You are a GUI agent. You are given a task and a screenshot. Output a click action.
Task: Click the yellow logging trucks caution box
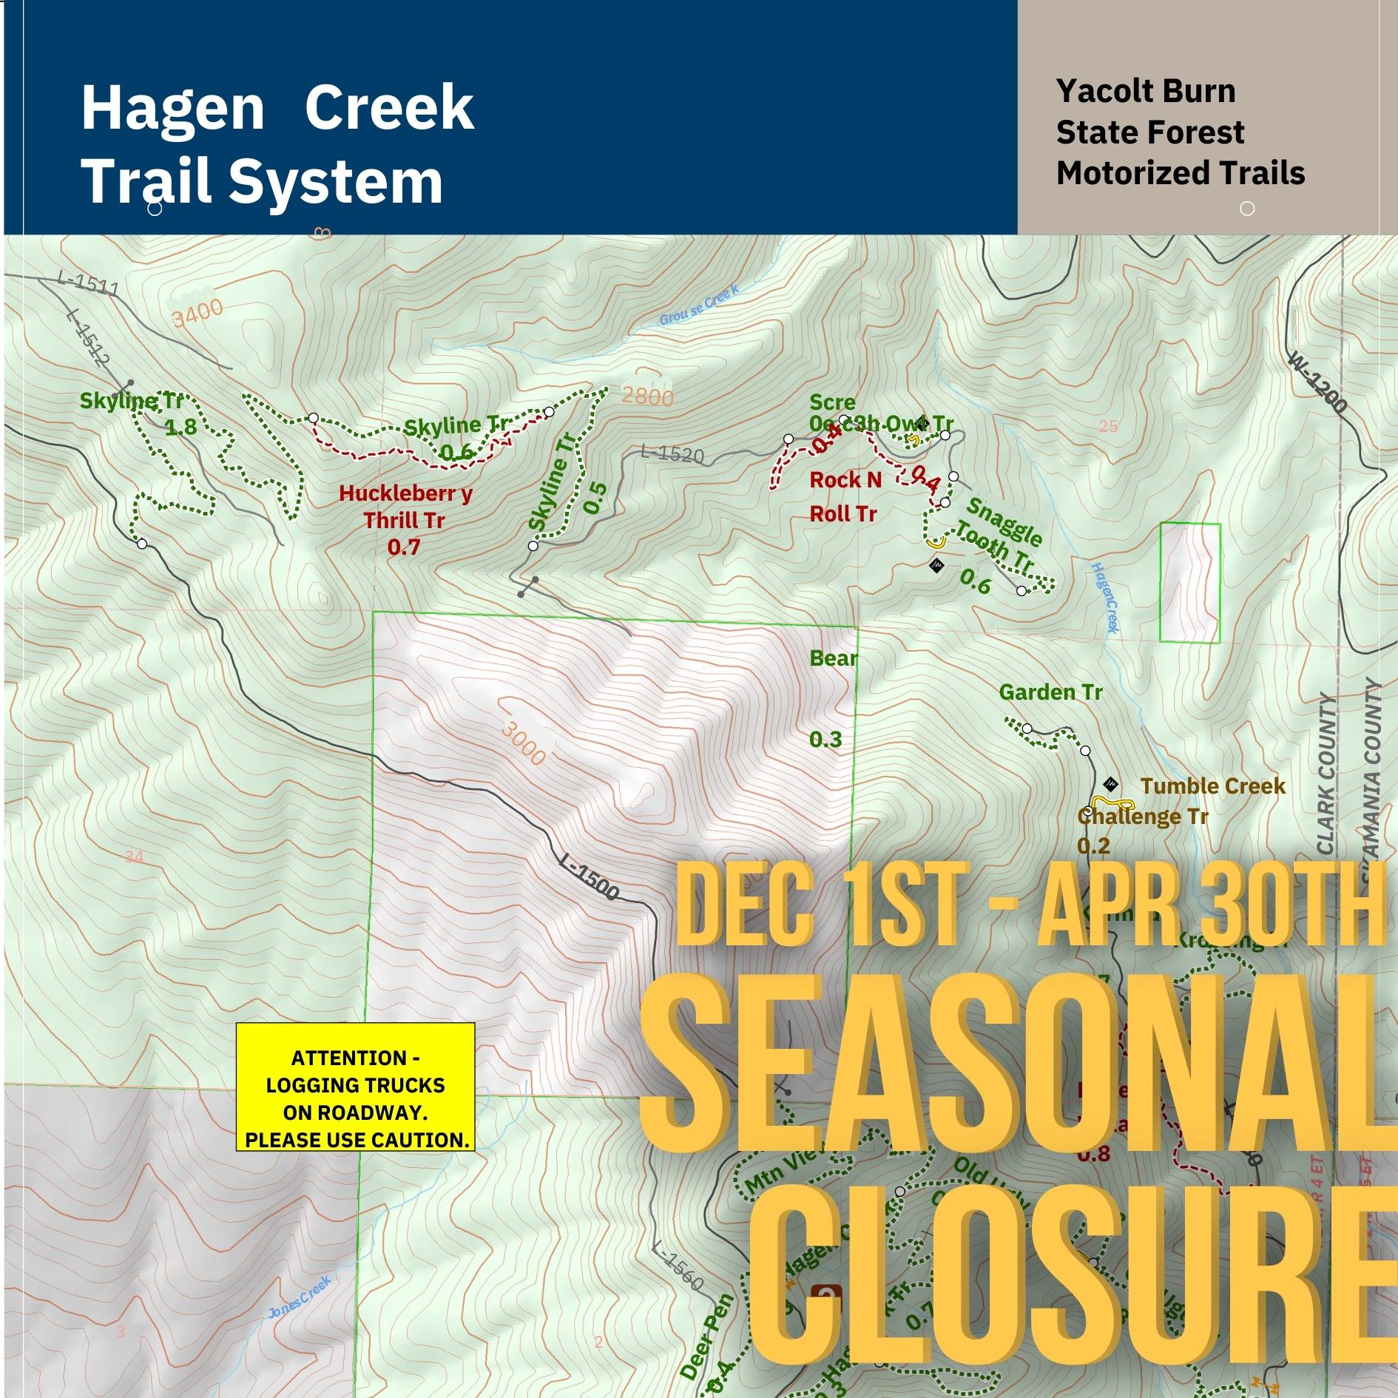355,1087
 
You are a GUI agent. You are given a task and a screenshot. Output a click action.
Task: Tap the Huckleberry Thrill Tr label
405,507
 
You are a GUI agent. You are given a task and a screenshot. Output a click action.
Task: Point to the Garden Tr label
1050,692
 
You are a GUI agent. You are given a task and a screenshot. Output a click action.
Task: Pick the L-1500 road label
589,879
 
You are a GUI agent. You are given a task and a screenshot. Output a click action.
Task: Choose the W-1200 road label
1317,382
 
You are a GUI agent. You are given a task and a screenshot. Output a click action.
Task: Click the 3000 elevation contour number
524,742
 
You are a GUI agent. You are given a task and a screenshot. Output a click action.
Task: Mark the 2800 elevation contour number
647,397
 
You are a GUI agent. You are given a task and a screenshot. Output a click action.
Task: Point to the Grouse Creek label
698,308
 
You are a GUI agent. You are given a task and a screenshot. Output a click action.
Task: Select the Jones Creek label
299,1297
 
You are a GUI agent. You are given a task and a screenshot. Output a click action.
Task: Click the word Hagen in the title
172,108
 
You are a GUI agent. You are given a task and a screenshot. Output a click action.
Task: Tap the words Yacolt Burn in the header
1145,91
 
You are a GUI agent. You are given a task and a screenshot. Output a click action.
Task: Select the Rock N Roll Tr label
845,496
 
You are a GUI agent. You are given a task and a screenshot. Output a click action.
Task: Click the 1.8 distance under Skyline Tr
180,427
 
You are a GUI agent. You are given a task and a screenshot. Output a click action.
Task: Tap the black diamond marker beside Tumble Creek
1110,784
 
